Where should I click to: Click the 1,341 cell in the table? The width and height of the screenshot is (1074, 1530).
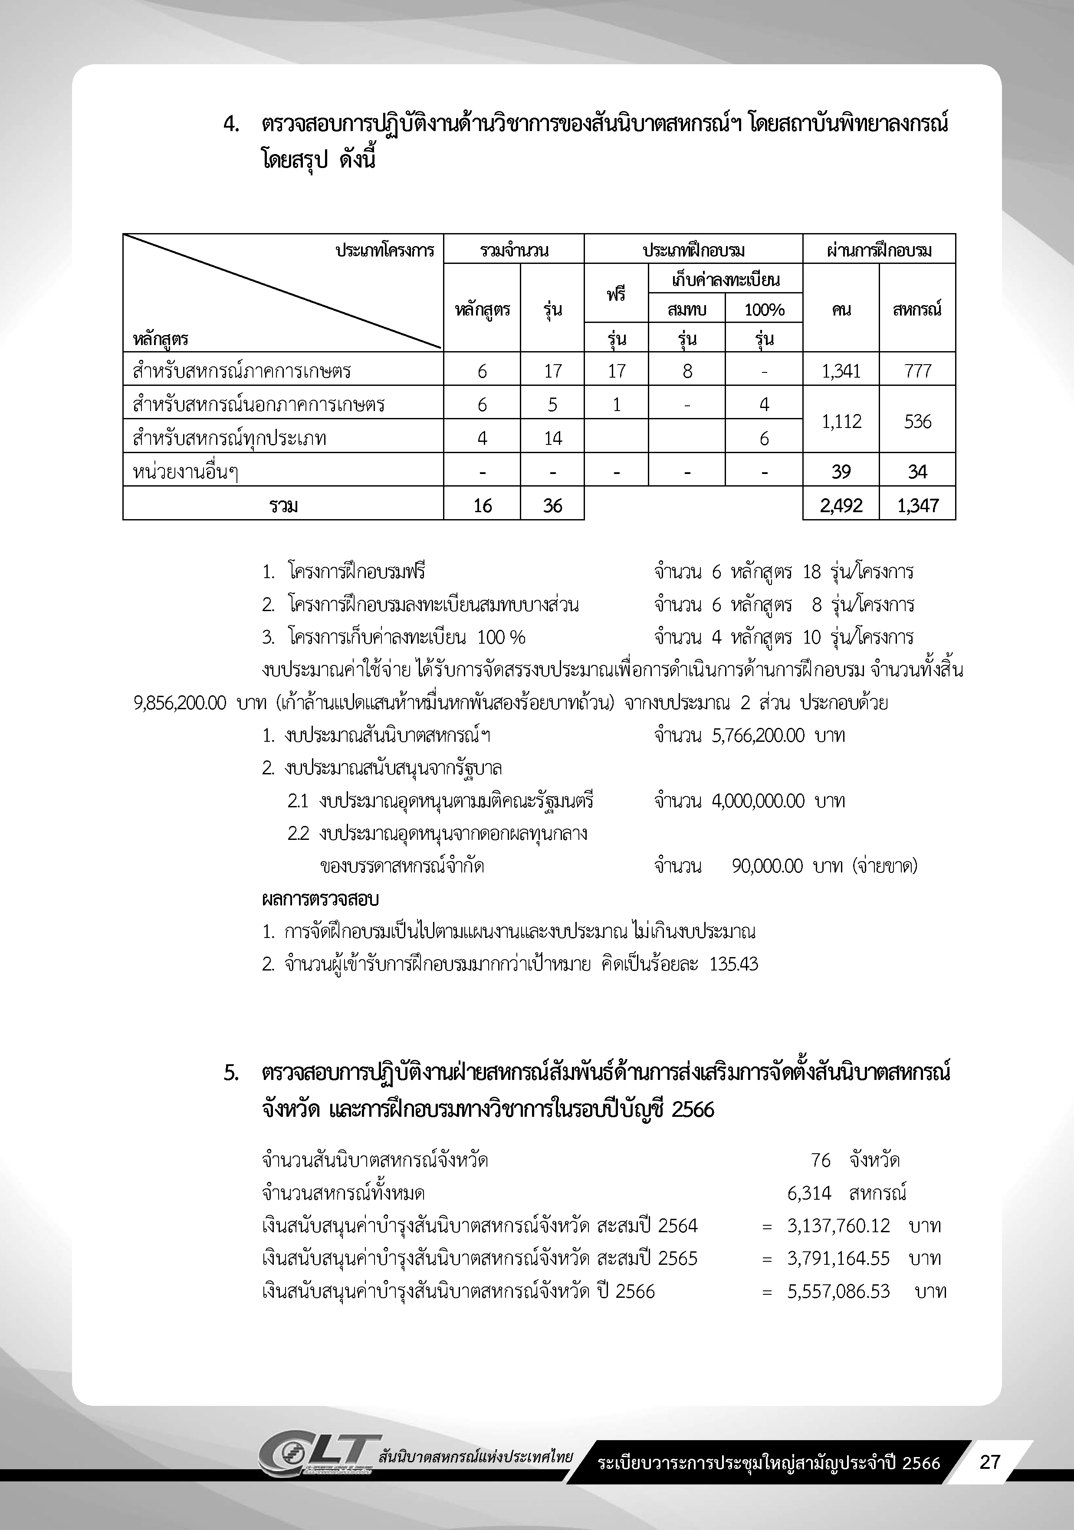click(x=841, y=371)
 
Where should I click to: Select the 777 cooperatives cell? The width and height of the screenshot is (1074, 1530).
click(x=917, y=371)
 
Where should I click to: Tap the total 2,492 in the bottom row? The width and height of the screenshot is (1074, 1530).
click(x=841, y=506)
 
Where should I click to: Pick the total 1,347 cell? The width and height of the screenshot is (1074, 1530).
click(x=917, y=506)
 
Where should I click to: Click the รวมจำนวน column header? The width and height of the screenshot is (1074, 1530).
click(x=514, y=250)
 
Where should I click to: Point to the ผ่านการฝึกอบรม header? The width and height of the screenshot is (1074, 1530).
click(x=879, y=250)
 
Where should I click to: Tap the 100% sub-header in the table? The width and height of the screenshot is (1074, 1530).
click(x=764, y=310)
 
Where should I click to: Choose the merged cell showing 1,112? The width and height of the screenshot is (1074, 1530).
click(x=841, y=421)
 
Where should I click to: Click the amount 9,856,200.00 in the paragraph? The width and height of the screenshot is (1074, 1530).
click(x=180, y=703)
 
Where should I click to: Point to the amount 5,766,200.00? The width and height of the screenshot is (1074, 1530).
click(x=758, y=736)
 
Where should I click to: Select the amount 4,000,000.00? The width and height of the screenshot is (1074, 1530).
click(x=758, y=800)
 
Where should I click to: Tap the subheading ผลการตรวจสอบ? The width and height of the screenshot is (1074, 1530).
click(x=320, y=899)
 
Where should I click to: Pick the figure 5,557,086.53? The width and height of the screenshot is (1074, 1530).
click(x=838, y=1291)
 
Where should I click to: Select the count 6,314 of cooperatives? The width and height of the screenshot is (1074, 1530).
click(x=809, y=1193)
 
